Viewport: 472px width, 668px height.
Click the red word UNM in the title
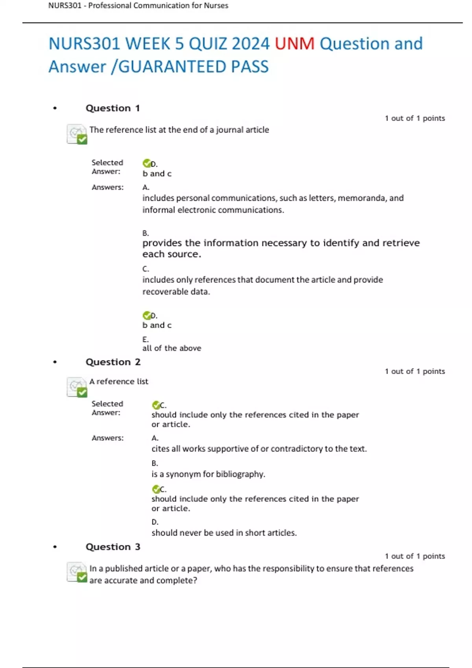pyautogui.click(x=294, y=44)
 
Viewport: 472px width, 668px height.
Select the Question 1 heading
pyautogui.click(x=112, y=108)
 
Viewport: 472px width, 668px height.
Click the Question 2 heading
pyautogui.click(x=113, y=362)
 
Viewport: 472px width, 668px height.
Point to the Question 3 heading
pyautogui.click(x=113, y=547)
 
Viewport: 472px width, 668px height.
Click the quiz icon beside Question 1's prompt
pyautogui.click(x=77, y=134)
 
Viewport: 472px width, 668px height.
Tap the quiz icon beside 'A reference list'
pyautogui.click(x=77, y=387)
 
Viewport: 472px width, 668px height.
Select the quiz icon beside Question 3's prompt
pyautogui.click(x=77, y=572)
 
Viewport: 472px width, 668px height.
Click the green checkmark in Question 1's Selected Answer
pyautogui.click(x=147, y=163)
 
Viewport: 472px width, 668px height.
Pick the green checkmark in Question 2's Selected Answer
pyautogui.click(x=156, y=405)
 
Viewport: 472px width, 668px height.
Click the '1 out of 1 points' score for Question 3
pyautogui.click(x=415, y=556)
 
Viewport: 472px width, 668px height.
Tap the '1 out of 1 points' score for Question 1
pyautogui.click(x=415, y=118)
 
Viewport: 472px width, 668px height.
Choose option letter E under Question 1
pyautogui.click(x=145, y=340)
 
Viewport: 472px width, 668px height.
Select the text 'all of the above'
pyautogui.click(x=171, y=348)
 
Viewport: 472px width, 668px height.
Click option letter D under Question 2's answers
pyautogui.click(x=155, y=522)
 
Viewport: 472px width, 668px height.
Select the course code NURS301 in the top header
pyautogui.click(x=65, y=6)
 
